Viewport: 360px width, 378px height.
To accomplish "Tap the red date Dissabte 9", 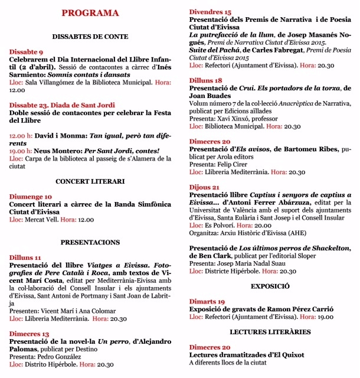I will (26, 52).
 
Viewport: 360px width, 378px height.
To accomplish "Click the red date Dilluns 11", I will (25, 258).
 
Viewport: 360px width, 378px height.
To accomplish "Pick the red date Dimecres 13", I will (29, 334).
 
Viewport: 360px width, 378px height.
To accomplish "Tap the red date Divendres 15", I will (210, 12).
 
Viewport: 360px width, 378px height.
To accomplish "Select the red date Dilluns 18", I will (205, 80).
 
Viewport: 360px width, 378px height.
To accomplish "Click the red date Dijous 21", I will (204, 187).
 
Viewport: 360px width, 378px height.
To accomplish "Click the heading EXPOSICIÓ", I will (270, 286).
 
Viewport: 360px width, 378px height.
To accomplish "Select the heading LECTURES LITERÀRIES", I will (270, 332).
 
